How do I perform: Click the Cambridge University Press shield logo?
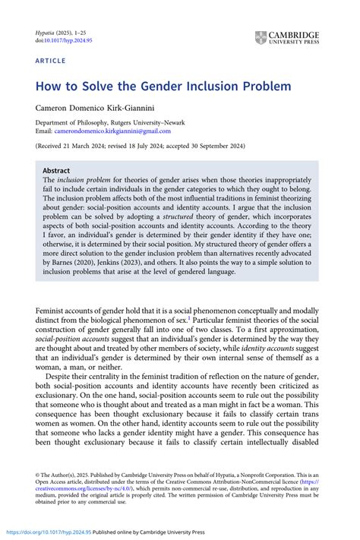pos(261,36)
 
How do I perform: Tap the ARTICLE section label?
pos(51,58)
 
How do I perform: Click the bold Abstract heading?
pos(57,171)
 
